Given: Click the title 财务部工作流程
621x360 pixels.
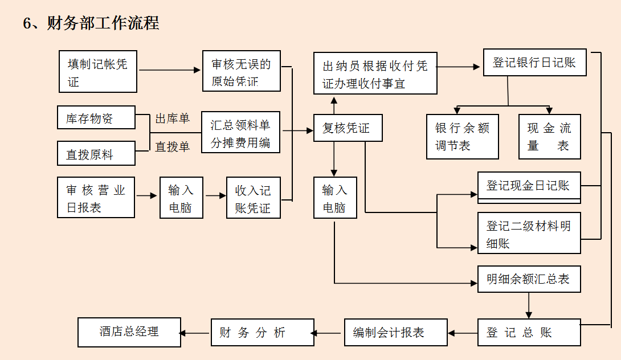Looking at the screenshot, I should coord(91,23).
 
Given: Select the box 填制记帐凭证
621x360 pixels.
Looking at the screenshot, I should coord(98,72).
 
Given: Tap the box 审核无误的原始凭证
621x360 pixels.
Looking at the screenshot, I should coord(242,71).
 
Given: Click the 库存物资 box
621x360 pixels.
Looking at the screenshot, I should coord(96,118).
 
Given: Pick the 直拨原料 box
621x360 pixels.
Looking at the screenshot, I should coord(96,154).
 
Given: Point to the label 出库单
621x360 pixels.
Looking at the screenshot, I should coord(172,118).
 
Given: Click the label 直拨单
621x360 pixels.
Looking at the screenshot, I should coord(172,147).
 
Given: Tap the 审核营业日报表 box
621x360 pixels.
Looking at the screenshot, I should coord(96,198).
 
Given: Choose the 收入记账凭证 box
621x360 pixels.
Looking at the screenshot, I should coord(254,198).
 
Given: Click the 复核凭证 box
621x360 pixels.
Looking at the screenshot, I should coord(348,128).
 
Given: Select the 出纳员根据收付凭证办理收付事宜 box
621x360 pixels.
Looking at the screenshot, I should coord(375,73).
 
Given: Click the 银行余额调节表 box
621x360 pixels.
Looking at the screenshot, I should coord(462,137).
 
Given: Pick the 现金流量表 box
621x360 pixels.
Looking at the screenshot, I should coord(549,137).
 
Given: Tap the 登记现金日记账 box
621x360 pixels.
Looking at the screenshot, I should coord(529,187).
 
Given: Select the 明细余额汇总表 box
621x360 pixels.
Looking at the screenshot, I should coord(529,279).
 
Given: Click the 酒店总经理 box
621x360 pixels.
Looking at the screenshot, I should coord(129,333).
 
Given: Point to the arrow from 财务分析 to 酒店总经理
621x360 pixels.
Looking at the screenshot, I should coord(196,333).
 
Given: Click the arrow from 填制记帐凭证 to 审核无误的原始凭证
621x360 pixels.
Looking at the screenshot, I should coord(170,71).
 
